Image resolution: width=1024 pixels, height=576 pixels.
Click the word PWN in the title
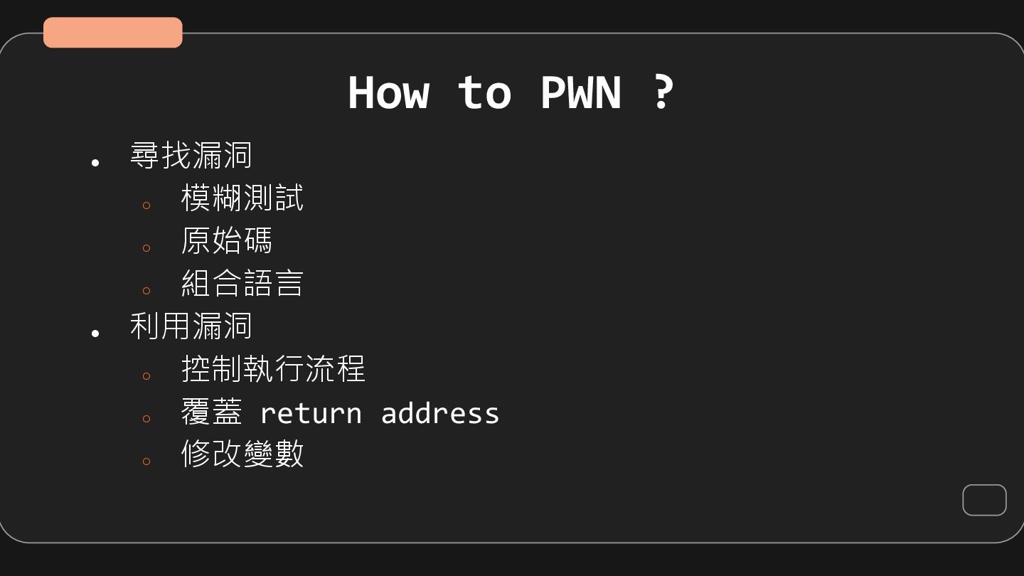(x=580, y=92)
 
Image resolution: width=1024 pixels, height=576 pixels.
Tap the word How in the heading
(x=388, y=92)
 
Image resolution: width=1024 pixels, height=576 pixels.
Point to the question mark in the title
(x=662, y=92)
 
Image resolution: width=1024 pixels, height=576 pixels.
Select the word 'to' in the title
(x=484, y=92)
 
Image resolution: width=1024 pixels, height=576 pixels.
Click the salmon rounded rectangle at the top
(x=112, y=33)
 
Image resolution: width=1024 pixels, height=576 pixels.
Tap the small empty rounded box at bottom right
(x=984, y=500)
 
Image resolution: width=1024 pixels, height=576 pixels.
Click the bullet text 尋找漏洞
(x=191, y=155)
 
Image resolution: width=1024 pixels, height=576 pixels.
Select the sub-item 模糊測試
(x=242, y=198)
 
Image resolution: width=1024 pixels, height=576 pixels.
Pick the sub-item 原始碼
(x=227, y=240)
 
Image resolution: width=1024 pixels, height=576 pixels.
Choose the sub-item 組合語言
(x=242, y=283)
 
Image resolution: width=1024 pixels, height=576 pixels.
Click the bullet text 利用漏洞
(x=191, y=326)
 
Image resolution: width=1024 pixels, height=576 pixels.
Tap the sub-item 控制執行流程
(x=273, y=368)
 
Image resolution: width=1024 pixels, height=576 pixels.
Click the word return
(x=311, y=413)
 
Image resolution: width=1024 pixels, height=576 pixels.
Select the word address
(x=440, y=413)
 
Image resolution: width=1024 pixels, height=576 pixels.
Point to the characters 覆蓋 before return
(x=211, y=412)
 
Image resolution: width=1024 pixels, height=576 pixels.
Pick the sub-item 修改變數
(x=242, y=454)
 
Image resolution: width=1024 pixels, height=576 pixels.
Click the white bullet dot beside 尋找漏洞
(x=95, y=163)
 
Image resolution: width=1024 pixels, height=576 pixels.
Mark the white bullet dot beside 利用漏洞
(x=95, y=333)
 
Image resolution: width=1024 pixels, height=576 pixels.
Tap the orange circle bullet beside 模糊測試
(x=146, y=206)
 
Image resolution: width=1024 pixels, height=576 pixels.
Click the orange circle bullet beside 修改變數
(x=146, y=462)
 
